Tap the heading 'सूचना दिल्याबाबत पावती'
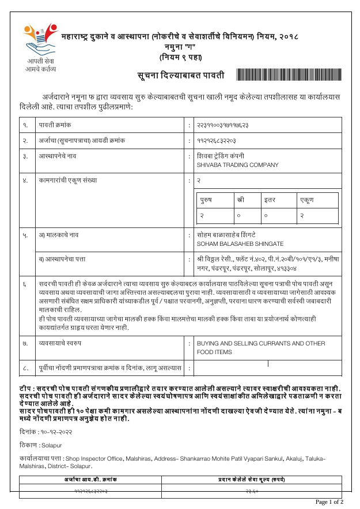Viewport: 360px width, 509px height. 180,75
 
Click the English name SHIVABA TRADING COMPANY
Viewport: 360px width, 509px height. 237,165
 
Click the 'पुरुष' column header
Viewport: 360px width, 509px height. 206,200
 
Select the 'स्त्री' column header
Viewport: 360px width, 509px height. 240,200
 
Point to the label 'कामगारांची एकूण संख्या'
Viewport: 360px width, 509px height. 68,180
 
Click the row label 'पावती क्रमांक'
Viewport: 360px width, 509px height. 55,124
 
